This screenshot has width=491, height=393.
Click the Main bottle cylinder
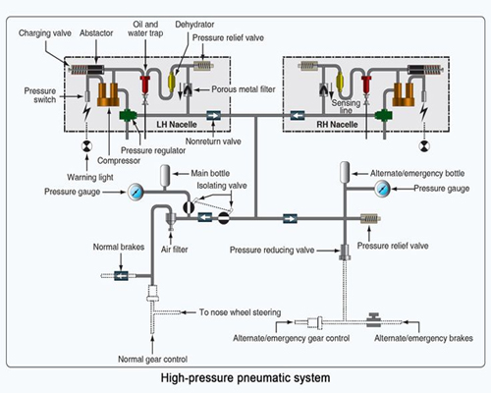166,177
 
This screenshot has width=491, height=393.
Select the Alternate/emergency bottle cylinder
345,172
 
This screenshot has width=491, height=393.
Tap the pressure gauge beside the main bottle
136,192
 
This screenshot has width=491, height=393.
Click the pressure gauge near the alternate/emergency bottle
382,189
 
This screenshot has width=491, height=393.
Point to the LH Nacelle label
177,125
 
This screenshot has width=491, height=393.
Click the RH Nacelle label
337,125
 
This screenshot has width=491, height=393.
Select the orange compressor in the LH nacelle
108,94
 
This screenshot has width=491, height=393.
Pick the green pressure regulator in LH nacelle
128,115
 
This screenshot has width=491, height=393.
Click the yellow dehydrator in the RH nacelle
340,81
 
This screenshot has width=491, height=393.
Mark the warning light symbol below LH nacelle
86,146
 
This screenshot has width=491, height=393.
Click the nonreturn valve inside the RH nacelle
298,116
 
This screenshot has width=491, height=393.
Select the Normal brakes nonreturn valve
121,276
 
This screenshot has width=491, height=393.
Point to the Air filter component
171,220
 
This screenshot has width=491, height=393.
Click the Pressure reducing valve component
345,252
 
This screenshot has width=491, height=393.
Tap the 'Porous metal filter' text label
244,89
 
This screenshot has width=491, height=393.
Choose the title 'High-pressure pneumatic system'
245,378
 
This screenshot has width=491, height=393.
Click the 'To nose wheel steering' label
241,312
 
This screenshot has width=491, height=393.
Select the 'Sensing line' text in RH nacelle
346,107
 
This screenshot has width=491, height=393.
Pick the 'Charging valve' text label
45,33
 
